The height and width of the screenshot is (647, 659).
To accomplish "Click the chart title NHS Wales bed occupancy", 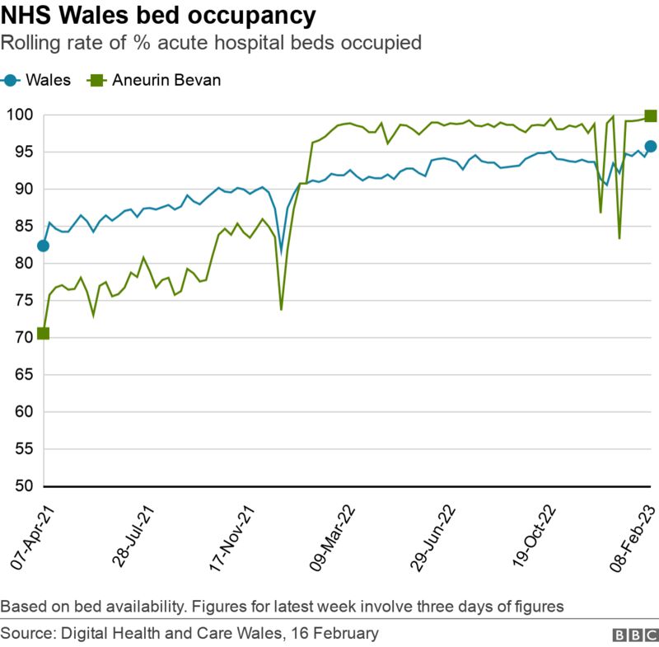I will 158,16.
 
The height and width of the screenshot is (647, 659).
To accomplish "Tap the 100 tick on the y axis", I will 20,115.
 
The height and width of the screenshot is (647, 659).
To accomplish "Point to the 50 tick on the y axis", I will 23,486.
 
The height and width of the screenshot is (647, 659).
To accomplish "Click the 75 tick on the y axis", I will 23,301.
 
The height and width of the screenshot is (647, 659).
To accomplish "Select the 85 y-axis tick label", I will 23,227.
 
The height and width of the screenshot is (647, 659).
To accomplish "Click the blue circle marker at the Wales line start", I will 43,246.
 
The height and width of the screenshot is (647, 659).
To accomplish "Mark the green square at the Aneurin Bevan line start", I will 43,333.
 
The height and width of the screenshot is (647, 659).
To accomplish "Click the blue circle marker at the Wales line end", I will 650,146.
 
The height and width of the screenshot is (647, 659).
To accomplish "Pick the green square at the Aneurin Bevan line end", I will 650,116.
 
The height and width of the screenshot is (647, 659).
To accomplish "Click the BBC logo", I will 631,635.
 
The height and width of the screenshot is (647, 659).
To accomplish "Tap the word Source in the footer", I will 25,633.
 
